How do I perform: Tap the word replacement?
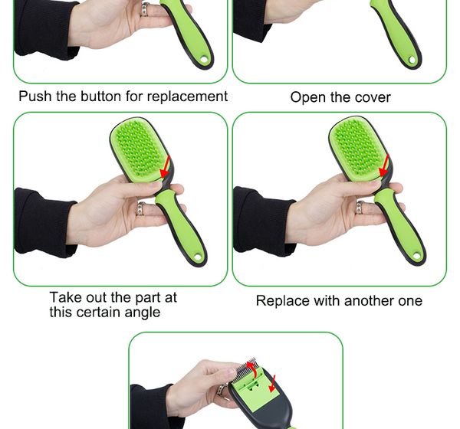[x=187, y=97]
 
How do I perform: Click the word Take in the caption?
[x=65, y=297]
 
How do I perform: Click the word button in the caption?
[x=101, y=97]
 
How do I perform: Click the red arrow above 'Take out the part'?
[x=166, y=167]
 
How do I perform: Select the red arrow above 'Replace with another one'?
[x=384, y=166]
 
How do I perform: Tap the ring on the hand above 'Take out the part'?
[x=141, y=208]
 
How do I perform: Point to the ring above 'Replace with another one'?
[x=360, y=208]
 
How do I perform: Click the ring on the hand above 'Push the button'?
[x=146, y=9]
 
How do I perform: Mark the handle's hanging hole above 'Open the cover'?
[x=412, y=60]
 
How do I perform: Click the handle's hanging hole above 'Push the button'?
[x=204, y=60]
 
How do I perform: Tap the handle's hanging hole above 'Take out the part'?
[x=198, y=257]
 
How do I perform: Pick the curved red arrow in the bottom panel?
[x=253, y=369]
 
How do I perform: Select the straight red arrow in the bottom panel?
[x=272, y=384]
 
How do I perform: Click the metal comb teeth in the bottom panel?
[x=244, y=371]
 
